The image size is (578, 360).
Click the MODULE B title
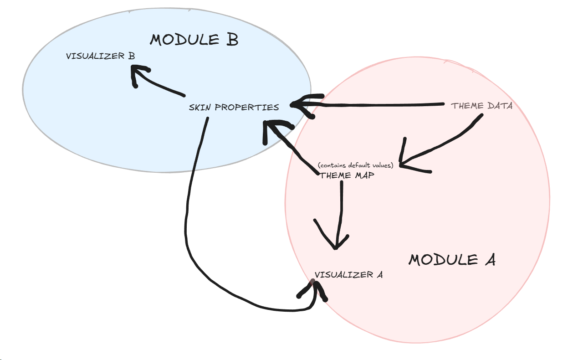coord(194,40)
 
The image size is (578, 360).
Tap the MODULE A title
coord(452,260)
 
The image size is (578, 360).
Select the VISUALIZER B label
coord(100,57)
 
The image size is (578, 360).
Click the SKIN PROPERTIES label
coord(234,108)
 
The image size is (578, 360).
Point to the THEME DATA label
coord(482,106)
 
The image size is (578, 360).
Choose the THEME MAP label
coord(348,175)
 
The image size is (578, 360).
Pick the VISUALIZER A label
coord(348,275)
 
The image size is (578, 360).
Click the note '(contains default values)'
coord(356,165)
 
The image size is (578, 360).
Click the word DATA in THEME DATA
coord(499,106)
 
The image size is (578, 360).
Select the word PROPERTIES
coord(247,108)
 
